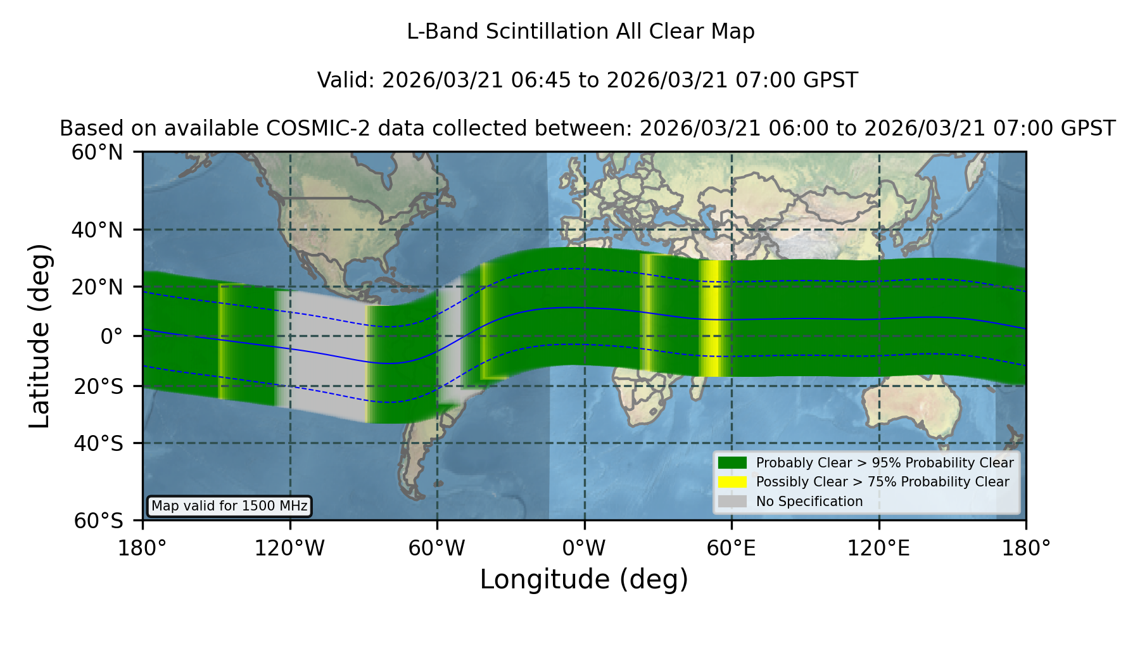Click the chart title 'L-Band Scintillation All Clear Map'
(581, 32)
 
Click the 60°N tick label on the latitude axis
(97, 153)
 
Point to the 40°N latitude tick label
(97, 230)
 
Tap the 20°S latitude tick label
(99, 386)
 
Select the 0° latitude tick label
(111, 336)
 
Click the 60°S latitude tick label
(99, 521)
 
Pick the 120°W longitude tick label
(289, 548)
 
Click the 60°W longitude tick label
(437, 548)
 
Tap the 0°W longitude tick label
(585, 548)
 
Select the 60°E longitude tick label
(731, 548)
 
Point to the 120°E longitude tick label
(879, 548)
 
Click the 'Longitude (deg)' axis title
(584, 579)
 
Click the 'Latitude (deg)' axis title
(39, 336)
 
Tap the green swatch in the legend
(732, 463)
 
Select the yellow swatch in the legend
(732, 482)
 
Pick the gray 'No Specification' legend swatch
(732, 502)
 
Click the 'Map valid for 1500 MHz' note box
(229, 506)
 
